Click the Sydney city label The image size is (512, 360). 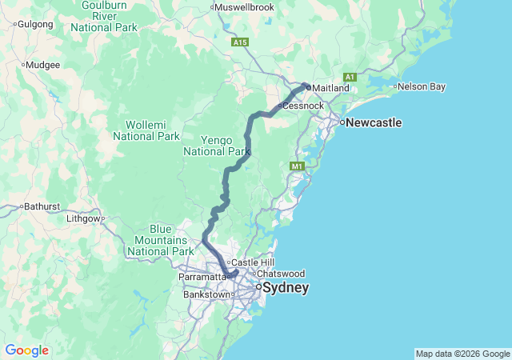tap(286, 287)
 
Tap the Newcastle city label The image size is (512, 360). tap(372, 123)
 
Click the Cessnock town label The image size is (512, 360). tap(304, 106)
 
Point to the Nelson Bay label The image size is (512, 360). tap(422, 86)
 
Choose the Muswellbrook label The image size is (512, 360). tap(245, 7)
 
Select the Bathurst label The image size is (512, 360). tap(42, 206)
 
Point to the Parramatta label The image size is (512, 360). tap(203, 276)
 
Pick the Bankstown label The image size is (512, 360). tap(206, 294)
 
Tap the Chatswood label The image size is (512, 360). tap(281, 274)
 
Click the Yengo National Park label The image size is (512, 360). tap(217, 145)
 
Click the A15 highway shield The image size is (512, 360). tap(239, 42)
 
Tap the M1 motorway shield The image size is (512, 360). tap(298, 166)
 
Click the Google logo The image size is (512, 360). tap(26, 350)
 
